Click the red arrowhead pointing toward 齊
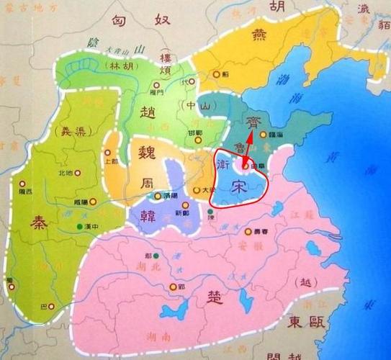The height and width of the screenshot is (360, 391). coord(250,138)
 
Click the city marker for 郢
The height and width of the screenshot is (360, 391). coord(173,287)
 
